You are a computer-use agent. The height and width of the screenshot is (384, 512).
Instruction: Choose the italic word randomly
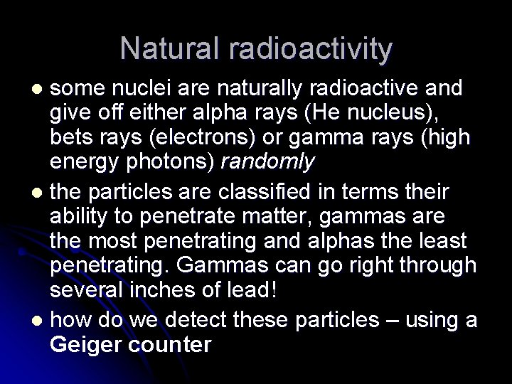coord(267,163)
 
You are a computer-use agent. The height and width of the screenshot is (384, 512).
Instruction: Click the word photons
coord(178,163)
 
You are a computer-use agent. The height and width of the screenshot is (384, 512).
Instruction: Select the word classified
coord(255,191)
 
